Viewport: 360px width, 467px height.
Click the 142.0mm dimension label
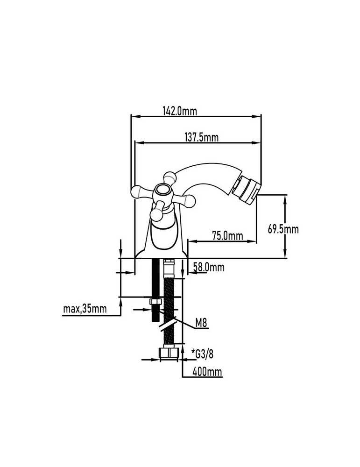pos(180,111)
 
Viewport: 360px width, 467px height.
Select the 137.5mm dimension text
pos(202,137)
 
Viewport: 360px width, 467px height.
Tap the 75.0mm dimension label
pos(227,236)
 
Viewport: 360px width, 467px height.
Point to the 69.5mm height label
pos(283,229)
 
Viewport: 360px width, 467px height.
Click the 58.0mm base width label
pos(209,267)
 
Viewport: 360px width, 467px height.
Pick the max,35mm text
pos(85,309)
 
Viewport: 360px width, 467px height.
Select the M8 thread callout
pos(201,323)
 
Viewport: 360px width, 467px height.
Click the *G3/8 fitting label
pos(203,354)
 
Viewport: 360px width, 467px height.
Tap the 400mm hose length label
pos(207,372)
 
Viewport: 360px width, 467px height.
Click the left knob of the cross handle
pos(139,191)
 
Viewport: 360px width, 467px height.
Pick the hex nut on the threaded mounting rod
pos(155,301)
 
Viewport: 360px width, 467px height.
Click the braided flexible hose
pos(169,310)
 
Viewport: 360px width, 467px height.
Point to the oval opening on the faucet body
pos(164,236)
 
